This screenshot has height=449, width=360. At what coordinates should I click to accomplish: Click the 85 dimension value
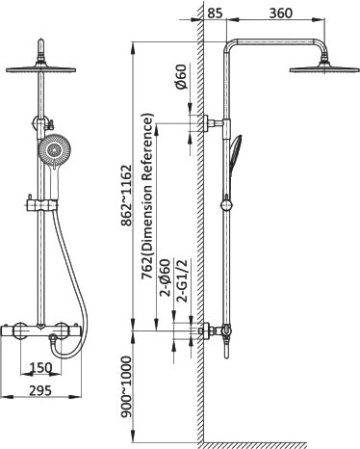[215, 13]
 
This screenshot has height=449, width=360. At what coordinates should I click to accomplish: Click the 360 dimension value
[281, 13]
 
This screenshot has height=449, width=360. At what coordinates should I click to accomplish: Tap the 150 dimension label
[40, 368]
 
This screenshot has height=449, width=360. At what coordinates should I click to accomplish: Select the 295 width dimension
[40, 390]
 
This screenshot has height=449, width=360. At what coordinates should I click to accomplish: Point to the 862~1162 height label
[125, 196]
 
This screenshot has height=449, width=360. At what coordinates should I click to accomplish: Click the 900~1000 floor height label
[126, 386]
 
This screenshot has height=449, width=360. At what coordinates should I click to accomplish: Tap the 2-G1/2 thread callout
[183, 280]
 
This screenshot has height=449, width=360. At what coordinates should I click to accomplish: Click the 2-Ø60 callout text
[166, 277]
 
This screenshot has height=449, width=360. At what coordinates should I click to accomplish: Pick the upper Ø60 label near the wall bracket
[182, 76]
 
